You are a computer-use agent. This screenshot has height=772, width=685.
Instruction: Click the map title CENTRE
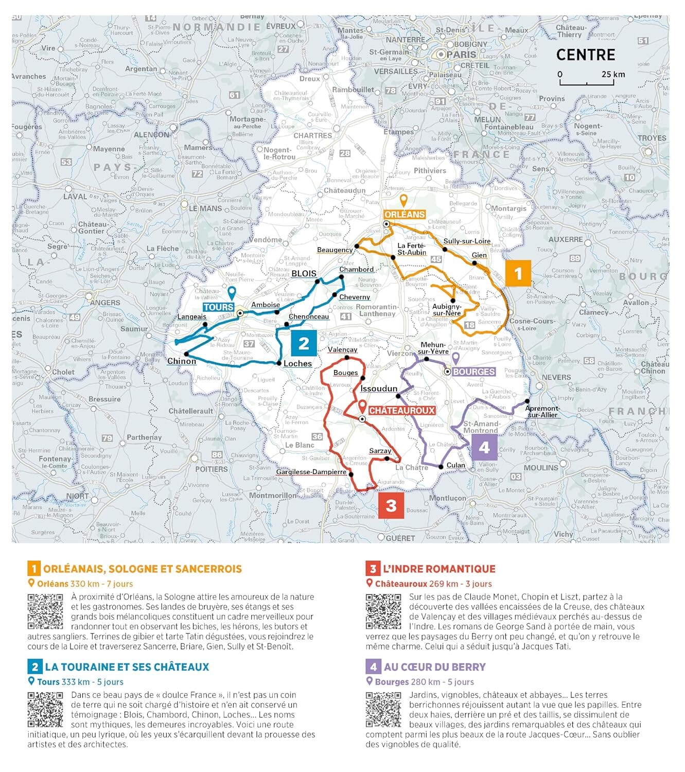(586, 55)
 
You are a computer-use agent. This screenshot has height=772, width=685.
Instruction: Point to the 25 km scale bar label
(613, 74)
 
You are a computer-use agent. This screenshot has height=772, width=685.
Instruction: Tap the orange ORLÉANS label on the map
(405, 215)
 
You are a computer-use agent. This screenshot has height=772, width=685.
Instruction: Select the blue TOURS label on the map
(218, 307)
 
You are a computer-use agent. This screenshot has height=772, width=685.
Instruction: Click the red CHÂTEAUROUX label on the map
(402, 411)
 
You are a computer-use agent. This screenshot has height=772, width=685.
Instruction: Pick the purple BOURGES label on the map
(473, 372)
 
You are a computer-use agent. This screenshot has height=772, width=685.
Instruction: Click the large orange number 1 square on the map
(518, 273)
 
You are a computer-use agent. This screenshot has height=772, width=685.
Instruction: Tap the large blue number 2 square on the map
(304, 343)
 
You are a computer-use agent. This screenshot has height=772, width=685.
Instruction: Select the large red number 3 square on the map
(391, 505)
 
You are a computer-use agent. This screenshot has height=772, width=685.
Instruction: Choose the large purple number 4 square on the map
(484, 447)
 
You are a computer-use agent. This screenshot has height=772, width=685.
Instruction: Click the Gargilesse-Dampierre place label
(311, 472)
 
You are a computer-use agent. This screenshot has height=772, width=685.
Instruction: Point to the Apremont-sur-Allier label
(542, 412)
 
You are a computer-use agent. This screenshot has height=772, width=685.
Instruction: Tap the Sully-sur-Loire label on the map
(467, 241)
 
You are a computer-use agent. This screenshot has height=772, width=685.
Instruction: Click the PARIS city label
(461, 54)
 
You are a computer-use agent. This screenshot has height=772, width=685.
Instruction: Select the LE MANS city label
(205, 208)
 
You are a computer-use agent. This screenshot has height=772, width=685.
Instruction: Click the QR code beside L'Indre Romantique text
(383, 611)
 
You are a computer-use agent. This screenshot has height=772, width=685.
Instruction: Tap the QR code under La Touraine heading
(45, 709)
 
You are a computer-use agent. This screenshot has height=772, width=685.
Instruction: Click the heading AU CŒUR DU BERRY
(434, 667)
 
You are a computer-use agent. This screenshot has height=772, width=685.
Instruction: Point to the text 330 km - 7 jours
(101, 584)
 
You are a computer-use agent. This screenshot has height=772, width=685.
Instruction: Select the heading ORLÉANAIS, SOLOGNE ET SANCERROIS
(142, 569)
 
